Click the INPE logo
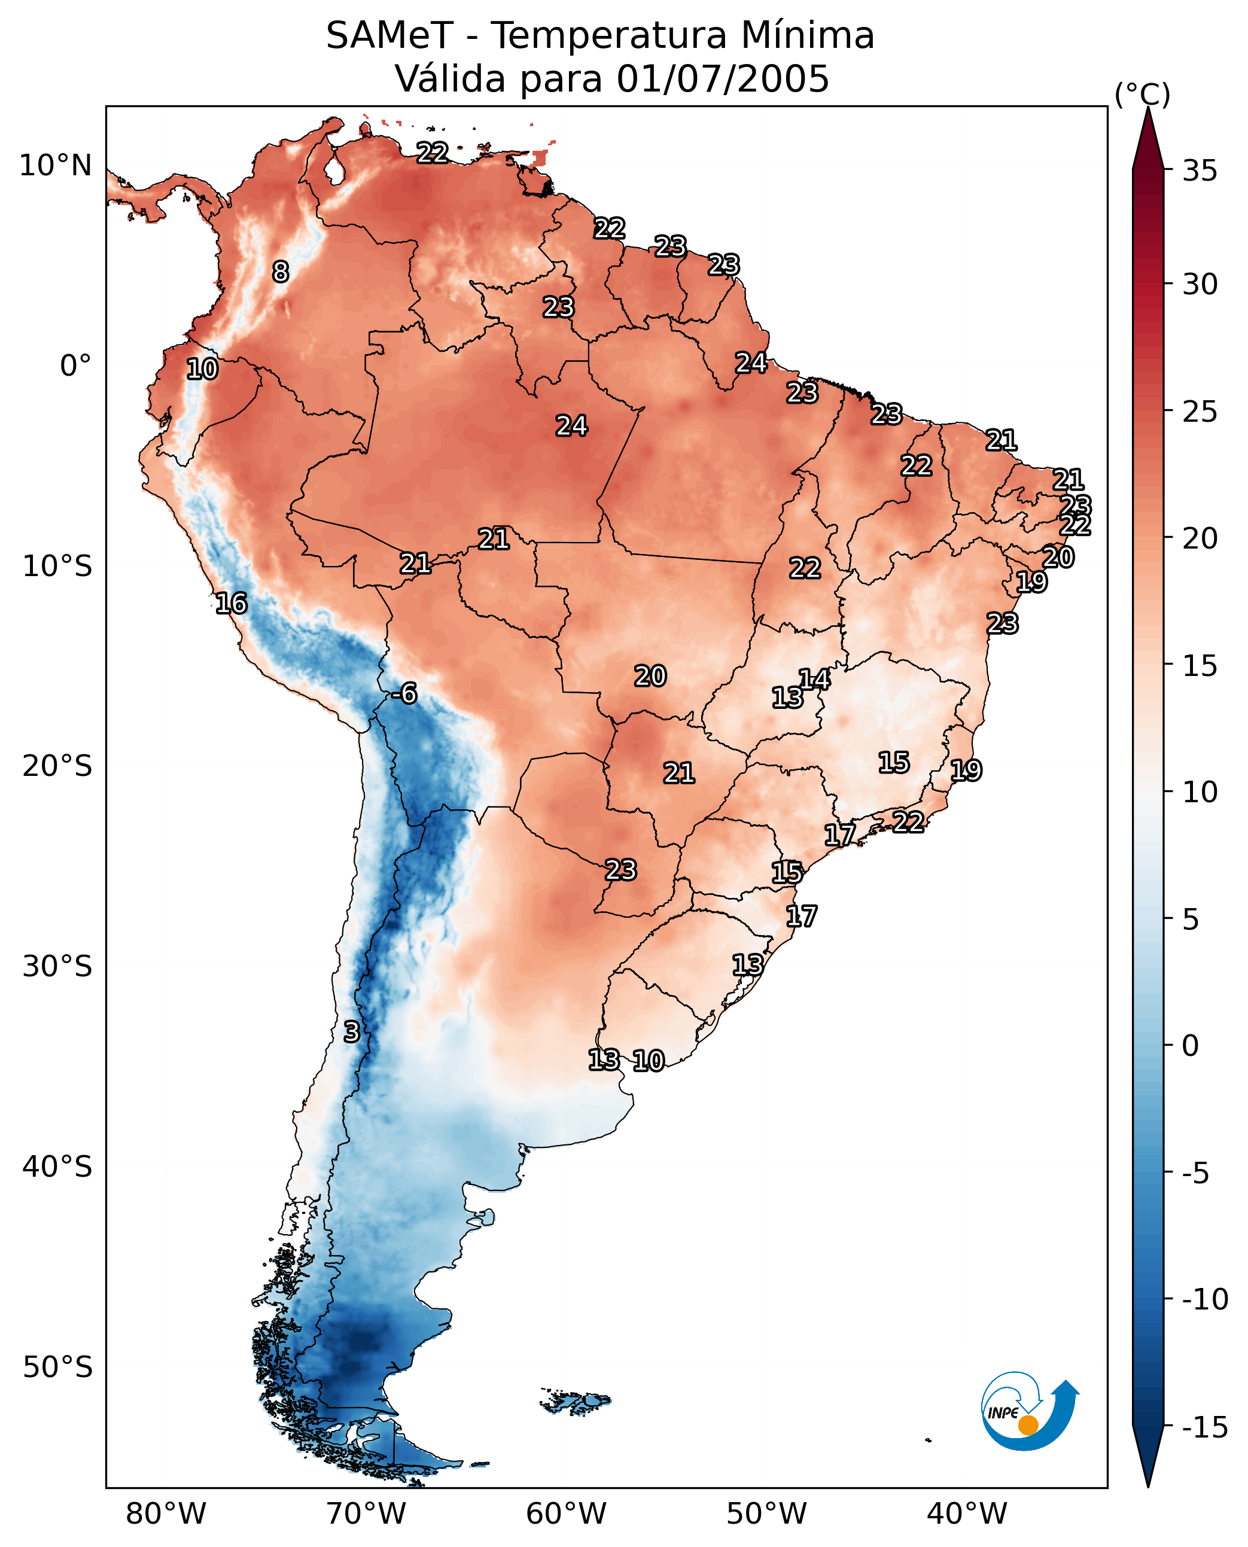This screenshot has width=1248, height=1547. pos(1030,1411)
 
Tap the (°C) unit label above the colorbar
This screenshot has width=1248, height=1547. pos(1142,94)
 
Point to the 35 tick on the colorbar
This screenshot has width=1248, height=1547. pos(1200,171)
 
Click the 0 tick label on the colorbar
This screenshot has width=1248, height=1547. pos(1191,1045)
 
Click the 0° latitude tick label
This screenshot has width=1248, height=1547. pos(76,366)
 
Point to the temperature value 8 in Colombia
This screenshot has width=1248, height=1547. pos(281,272)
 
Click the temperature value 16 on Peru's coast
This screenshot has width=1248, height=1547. pos(232,603)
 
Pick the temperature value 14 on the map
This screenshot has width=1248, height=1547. pos(814,678)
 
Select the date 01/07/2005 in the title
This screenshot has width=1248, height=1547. pos(723,78)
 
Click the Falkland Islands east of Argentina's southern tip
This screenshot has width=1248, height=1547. pos(574,1401)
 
